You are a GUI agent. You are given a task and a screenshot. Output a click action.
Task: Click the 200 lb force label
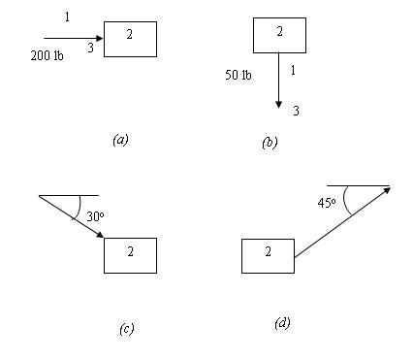coord(48,56)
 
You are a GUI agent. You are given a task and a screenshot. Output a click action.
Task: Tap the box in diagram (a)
coord(130,40)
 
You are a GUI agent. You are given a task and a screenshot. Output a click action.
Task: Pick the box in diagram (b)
coord(279,34)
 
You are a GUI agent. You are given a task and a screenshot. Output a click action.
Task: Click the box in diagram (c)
coord(130,255)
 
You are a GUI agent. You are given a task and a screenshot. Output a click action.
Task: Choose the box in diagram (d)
coord(267,255)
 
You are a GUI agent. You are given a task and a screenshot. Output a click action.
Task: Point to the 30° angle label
coord(95,214)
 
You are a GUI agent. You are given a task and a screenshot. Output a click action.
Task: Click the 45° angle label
coord(327,204)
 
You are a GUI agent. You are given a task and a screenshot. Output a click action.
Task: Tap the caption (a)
coord(120,139)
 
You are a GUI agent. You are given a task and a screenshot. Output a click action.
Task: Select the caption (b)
coord(270,143)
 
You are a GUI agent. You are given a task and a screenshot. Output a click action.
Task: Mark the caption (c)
coord(126,328)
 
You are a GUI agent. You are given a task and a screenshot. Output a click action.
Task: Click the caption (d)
coord(281,321)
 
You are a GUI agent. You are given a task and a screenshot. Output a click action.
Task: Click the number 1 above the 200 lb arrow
coord(66,17)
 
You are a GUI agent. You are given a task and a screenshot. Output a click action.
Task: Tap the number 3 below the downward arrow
coord(296,112)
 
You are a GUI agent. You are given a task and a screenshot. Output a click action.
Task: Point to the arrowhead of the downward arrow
coord(278,103)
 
